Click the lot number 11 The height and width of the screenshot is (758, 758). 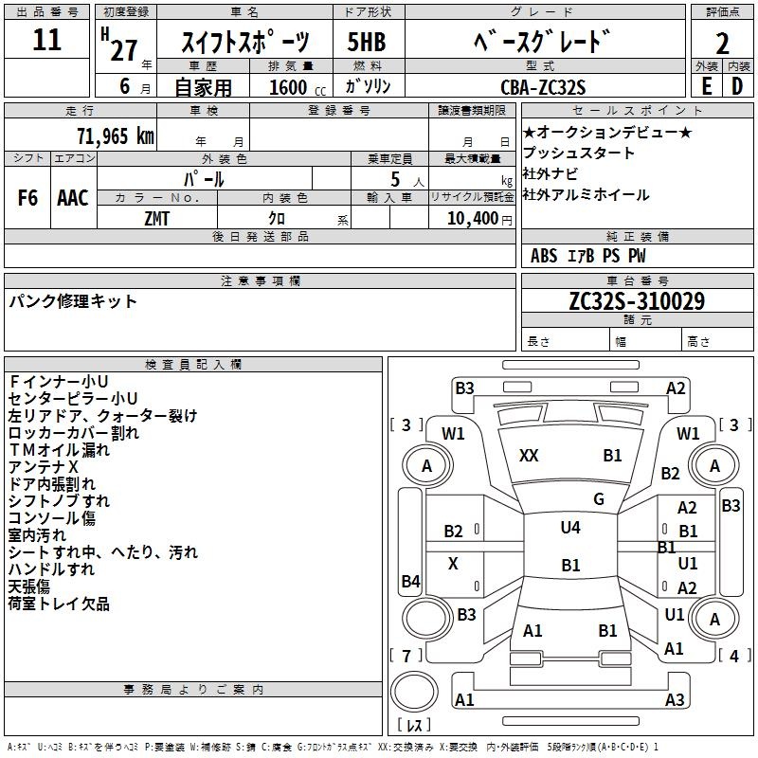point(46,40)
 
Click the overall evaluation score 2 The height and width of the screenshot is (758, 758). point(722,44)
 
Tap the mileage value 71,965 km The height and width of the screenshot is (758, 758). point(116,135)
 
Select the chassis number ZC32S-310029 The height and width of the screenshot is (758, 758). point(637,301)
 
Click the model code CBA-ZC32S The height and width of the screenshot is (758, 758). point(543,87)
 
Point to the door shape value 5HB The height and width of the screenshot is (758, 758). point(367,42)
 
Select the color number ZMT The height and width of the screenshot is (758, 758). point(156,219)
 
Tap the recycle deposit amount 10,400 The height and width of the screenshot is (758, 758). point(472,219)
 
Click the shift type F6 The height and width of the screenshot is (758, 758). point(27,198)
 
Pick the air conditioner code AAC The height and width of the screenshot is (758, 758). point(73,198)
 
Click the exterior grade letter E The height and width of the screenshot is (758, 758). point(707,86)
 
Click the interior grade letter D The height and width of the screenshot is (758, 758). point(737,86)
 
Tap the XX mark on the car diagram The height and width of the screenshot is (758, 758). point(529,456)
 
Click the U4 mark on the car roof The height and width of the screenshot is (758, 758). point(570,527)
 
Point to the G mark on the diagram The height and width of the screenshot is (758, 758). point(599,499)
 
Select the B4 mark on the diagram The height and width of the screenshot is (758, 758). point(411,581)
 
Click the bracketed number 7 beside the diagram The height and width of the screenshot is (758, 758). point(406,656)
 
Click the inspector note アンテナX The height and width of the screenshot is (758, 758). point(43,467)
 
